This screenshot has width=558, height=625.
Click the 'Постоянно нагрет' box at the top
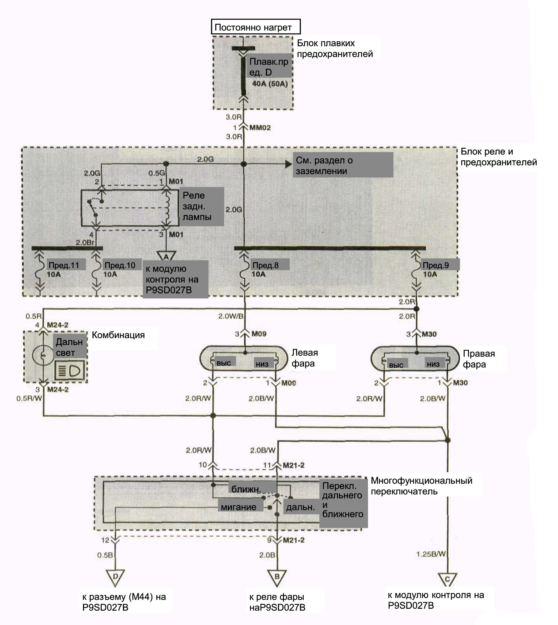(256, 27)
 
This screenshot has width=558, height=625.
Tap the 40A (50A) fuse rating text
(270, 84)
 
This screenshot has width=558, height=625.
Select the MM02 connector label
(260, 127)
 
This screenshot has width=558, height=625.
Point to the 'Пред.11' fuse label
(64, 265)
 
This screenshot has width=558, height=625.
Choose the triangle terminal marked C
(447, 580)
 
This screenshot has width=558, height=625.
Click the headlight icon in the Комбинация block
(70, 371)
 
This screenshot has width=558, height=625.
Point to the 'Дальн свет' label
(69, 347)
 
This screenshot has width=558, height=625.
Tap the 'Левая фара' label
(305, 358)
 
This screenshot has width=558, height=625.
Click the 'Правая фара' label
(479, 359)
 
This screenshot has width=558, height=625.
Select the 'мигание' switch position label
(238, 507)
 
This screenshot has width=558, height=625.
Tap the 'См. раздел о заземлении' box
(343, 165)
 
